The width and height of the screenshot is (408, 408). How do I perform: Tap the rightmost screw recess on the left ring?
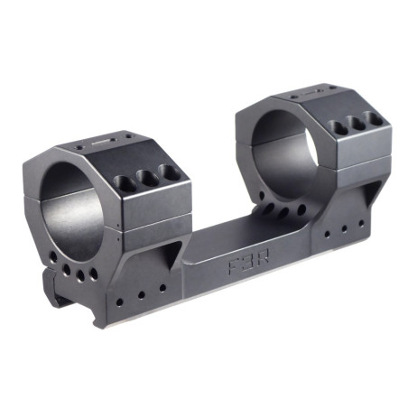click(x=165, y=171)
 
